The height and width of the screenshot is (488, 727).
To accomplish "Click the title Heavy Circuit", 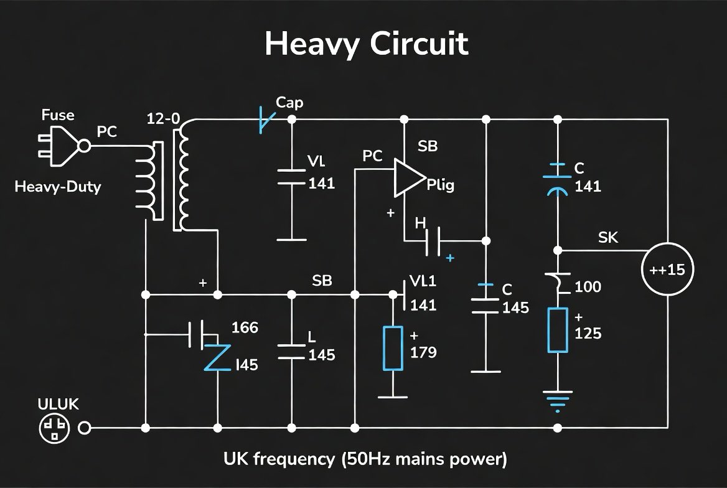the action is (x=366, y=44).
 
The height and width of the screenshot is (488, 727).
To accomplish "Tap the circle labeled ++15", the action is (x=667, y=269).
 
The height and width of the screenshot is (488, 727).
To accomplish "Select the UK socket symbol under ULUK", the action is (x=54, y=428).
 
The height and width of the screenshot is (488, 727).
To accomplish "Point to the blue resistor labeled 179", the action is (x=393, y=349).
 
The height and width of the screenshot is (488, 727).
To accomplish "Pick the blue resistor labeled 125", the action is (x=558, y=330).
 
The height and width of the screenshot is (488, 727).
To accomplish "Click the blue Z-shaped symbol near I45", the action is (x=217, y=357).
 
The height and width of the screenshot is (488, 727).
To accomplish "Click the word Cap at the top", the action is (x=289, y=103).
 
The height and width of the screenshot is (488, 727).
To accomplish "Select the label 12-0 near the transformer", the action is (x=163, y=119).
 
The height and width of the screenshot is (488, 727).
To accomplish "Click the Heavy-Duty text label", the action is (x=58, y=187).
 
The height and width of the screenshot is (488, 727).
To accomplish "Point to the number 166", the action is (x=245, y=327).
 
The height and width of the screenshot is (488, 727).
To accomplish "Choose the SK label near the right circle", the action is (x=608, y=238).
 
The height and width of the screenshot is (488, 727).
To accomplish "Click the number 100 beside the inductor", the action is (x=588, y=287).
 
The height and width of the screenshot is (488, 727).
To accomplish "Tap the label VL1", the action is (x=423, y=281).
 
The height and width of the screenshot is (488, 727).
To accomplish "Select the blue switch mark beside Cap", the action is (x=266, y=120).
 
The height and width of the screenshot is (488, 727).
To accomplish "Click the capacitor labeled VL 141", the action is (x=292, y=177).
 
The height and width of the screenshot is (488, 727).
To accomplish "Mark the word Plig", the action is (x=441, y=185).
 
